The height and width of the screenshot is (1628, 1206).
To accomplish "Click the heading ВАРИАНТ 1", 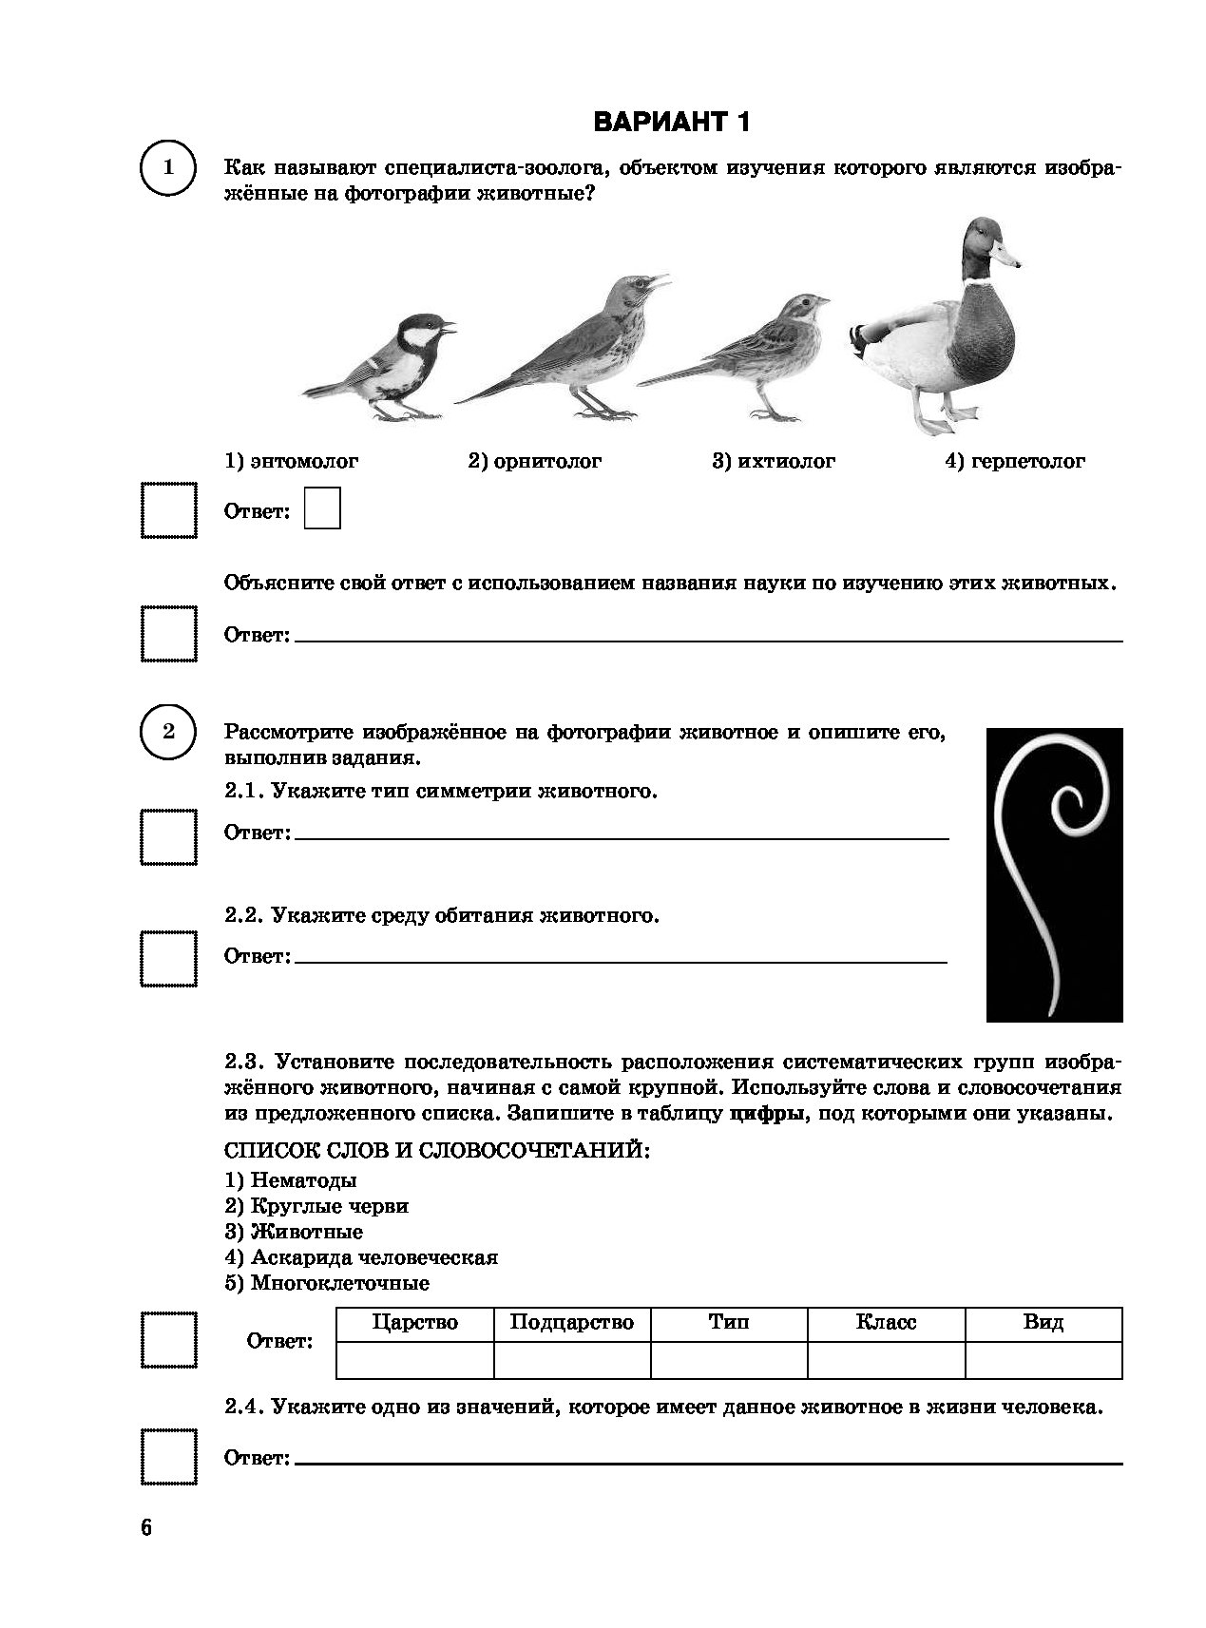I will (671, 122).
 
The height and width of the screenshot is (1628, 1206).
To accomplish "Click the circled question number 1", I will (168, 168).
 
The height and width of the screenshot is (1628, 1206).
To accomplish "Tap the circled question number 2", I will (168, 732).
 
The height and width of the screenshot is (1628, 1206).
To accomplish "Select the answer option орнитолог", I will (535, 462).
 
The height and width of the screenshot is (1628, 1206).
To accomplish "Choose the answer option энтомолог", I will (292, 462).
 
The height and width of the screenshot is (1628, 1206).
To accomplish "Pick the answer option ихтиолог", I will (774, 462).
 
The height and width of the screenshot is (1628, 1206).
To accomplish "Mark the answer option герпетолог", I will (1015, 462).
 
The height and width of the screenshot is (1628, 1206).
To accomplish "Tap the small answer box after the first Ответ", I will (322, 508).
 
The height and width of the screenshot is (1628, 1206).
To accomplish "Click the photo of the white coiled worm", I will (1054, 874).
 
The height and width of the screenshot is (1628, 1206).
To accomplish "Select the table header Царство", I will (415, 1323).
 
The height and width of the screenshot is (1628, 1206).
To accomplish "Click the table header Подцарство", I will (572, 1323).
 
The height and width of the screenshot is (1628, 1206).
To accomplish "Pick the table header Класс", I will (886, 1323).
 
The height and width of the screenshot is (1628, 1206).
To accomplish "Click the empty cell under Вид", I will (1043, 1360).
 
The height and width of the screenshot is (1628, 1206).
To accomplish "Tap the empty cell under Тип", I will (729, 1360).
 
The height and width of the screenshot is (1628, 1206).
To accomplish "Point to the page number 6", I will (145, 1528).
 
